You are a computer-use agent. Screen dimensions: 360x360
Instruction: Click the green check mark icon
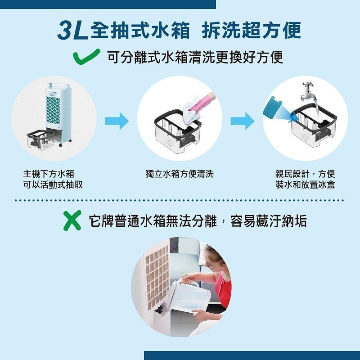click(x=86, y=57)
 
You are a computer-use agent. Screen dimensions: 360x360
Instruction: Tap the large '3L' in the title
click(x=72, y=30)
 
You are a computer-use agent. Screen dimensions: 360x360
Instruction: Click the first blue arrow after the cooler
click(x=116, y=121)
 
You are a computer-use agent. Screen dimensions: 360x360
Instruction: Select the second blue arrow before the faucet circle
click(x=242, y=121)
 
